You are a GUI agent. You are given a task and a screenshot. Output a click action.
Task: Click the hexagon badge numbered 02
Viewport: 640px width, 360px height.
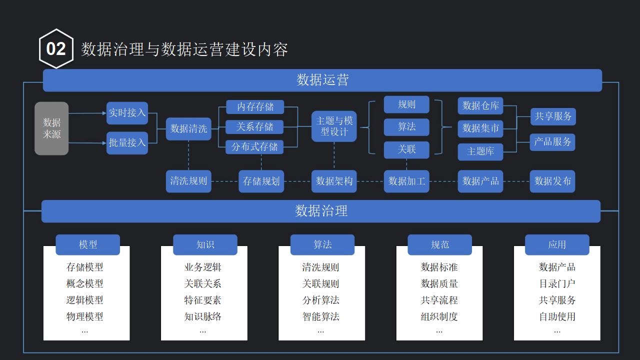click(56, 49)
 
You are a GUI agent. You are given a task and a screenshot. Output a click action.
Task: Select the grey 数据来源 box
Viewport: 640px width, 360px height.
click(51, 128)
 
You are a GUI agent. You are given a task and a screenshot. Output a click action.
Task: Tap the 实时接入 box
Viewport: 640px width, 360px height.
click(127, 113)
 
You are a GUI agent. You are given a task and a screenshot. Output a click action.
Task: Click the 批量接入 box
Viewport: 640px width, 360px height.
click(127, 143)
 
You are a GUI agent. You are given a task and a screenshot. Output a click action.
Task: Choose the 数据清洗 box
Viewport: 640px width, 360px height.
click(188, 128)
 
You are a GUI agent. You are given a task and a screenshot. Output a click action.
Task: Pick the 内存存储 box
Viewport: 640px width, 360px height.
click(255, 107)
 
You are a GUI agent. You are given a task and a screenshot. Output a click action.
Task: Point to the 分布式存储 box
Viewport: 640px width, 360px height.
click(255, 147)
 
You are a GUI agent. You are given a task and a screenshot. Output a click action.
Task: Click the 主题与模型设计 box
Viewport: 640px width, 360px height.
click(334, 126)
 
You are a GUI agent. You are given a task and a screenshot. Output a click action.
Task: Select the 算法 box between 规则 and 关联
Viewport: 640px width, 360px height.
click(406, 127)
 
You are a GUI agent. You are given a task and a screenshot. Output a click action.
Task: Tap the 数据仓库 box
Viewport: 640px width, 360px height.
click(480, 106)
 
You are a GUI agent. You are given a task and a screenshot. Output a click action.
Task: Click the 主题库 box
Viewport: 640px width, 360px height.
click(480, 151)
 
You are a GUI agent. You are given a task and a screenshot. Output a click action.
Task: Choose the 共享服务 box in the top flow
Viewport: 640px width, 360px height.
click(553, 116)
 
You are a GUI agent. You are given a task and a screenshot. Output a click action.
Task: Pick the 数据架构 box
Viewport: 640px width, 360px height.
click(334, 181)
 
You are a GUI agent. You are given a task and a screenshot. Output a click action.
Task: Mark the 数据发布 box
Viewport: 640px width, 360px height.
click(552, 181)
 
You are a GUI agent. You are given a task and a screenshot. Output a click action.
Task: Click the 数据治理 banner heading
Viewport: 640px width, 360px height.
click(321, 211)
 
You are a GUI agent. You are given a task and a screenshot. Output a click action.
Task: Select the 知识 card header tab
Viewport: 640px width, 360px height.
click(205, 244)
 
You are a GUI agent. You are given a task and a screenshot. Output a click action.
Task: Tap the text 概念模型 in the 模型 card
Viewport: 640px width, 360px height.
click(85, 283)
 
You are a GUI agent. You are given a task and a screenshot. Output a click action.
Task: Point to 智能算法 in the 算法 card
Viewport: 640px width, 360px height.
click(320, 316)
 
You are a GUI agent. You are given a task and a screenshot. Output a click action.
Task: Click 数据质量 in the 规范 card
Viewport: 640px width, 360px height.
click(439, 283)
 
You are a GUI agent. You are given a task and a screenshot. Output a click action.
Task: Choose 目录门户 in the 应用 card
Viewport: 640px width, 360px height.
click(557, 283)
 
